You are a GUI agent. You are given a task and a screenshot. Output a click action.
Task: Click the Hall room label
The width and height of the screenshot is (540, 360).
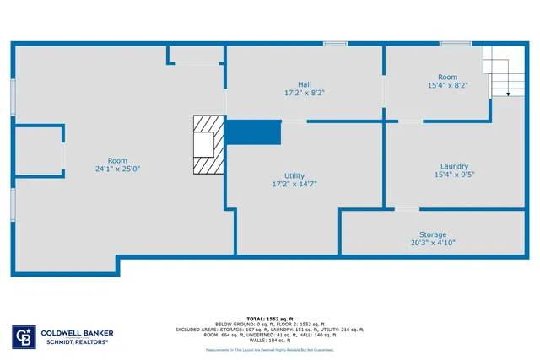304,84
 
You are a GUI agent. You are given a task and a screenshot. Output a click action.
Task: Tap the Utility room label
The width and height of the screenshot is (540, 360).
294,175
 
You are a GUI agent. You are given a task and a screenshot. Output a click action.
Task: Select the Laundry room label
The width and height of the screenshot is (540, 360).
454,167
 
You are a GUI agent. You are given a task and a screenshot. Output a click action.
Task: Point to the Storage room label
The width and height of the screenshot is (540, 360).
433,234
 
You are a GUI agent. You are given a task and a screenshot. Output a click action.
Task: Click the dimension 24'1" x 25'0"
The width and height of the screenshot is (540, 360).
117,169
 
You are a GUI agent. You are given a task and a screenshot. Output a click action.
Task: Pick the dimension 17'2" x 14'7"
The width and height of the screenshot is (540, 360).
294,184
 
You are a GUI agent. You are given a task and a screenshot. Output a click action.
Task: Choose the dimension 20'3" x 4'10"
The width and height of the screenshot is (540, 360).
433,243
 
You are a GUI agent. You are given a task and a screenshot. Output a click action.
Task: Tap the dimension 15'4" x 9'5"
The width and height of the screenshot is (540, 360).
454,175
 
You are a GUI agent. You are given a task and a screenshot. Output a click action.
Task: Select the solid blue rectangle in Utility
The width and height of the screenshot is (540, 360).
253,132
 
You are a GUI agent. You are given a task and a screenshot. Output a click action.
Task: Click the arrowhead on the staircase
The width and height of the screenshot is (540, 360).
509,94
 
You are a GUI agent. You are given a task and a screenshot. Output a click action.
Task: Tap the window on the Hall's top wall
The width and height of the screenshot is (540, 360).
336,43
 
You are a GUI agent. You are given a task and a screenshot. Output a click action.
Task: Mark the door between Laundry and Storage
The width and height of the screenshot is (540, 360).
407,209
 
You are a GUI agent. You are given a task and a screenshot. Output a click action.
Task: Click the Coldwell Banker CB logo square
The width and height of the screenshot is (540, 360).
22,337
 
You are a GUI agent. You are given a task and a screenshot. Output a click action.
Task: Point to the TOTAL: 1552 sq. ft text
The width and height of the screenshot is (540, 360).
270,319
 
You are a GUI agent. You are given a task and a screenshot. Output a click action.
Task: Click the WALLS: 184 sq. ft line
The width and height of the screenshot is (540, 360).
270,340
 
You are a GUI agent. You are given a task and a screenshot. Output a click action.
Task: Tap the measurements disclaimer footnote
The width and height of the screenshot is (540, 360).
270,349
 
